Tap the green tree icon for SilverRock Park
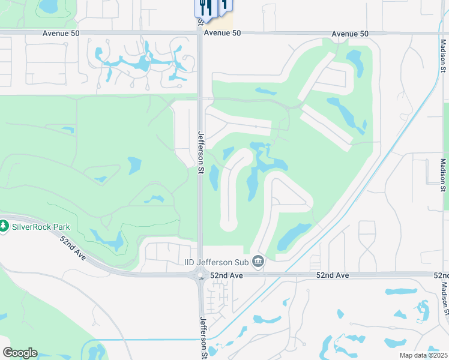coord(4,226)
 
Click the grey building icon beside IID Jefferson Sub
coord(259,261)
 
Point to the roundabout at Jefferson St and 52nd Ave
coord(200,275)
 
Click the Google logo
coord(20,353)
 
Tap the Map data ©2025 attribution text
coord(423,355)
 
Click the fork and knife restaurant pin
coord(204,7)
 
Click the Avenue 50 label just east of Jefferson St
coord(222,34)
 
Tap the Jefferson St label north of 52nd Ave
coord(201,152)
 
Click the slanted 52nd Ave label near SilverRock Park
coord(75,247)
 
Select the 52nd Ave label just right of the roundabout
coord(226,275)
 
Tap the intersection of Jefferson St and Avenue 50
coord(200,33)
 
